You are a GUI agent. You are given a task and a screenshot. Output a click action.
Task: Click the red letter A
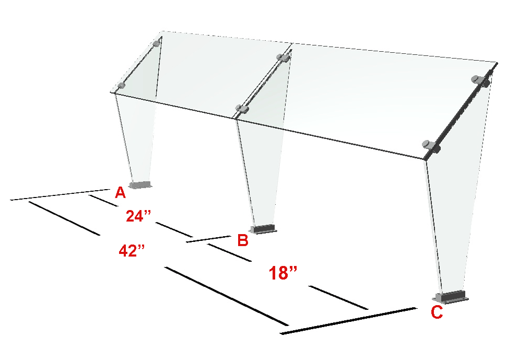[120, 192]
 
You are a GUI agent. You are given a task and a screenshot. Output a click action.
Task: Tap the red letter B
[243, 240]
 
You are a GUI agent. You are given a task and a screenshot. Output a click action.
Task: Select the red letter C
[437, 312]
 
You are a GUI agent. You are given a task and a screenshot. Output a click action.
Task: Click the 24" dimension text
[138, 216]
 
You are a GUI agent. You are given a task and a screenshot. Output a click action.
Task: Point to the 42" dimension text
[132, 251]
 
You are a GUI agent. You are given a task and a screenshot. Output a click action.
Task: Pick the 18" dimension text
[283, 273]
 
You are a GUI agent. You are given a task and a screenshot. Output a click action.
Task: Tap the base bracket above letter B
[263, 229]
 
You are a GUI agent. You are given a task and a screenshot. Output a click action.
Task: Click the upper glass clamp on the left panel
[157, 43]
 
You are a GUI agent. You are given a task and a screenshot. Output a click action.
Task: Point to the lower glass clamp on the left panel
[122, 86]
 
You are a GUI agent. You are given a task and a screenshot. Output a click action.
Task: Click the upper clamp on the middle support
[284, 58]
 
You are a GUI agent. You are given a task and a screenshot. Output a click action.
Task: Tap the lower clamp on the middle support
[242, 109]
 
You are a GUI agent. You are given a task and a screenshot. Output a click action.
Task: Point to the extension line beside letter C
[348, 321]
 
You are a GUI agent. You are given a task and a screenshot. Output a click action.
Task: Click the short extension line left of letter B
[208, 239]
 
